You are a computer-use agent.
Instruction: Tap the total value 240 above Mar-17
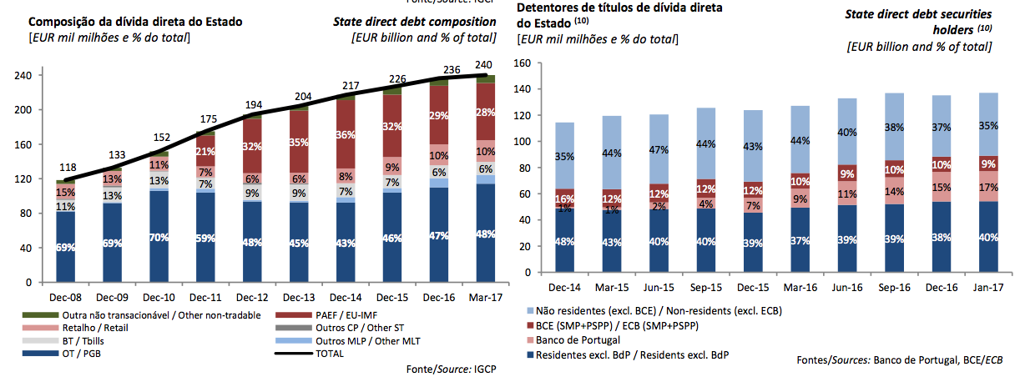tap(482, 64)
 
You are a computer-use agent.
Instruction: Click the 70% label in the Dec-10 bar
tap(159, 236)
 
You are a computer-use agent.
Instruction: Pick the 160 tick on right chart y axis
tap(523, 63)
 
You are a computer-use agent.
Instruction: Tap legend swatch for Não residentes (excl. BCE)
tap(528, 309)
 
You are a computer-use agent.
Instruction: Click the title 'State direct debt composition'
tap(414, 22)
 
